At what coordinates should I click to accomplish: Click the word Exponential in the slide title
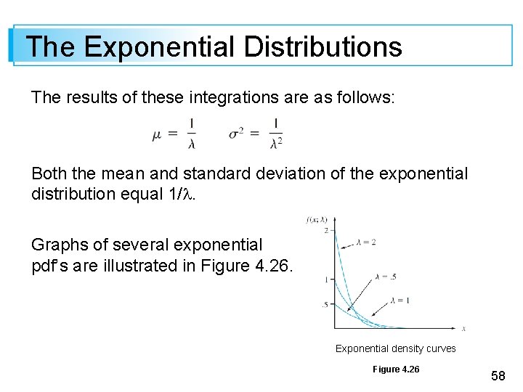point(158,46)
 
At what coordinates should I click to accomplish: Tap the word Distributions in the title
point(323,46)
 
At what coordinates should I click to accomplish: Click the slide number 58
point(498,375)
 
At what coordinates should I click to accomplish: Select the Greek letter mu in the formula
point(158,134)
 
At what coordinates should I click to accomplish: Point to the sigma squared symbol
point(238,134)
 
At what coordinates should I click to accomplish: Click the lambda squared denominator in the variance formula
point(276,144)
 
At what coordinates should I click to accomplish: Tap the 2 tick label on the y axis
point(327,230)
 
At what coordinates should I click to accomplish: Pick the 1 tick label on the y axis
point(327,279)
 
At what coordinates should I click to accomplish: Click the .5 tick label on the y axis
point(325,304)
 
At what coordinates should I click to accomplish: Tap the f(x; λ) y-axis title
point(317,219)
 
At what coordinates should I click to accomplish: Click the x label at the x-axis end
point(463,328)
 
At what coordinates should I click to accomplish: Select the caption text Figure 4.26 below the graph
point(396,369)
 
